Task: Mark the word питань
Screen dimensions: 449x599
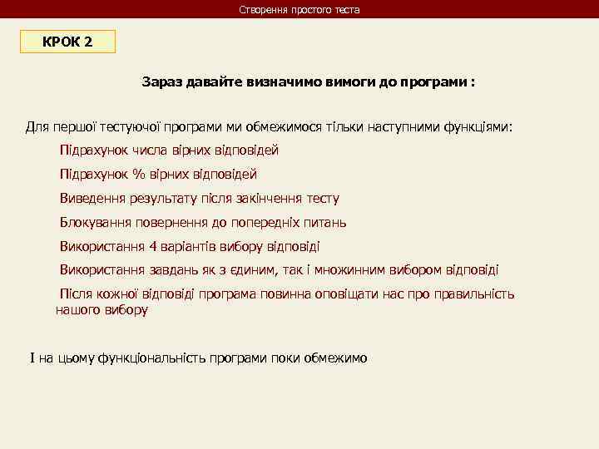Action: [x=327, y=223]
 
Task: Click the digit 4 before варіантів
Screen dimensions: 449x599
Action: [x=152, y=247]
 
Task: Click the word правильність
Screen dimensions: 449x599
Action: [x=474, y=294]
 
